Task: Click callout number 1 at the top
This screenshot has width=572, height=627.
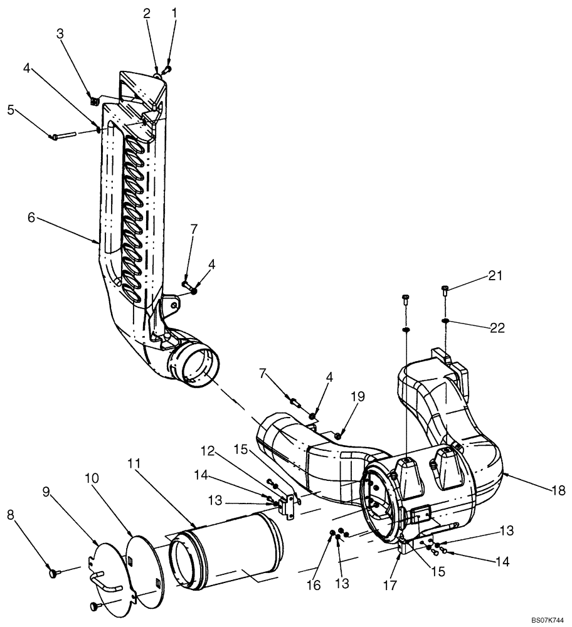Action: click(x=175, y=12)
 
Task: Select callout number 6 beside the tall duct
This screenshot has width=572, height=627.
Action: click(x=31, y=218)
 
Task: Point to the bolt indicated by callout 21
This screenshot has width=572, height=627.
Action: click(x=444, y=288)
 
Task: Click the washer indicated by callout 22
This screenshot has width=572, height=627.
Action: click(x=444, y=322)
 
